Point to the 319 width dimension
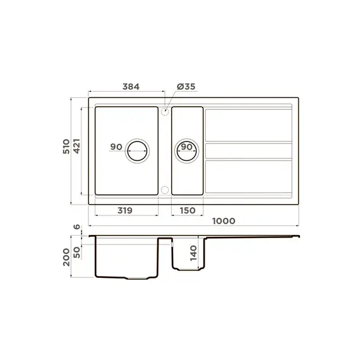pos(124,211)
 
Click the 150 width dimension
pos(187,211)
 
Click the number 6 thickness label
pos(77,227)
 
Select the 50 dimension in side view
pos(77,250)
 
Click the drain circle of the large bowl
pos(138,150)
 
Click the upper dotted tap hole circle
pos(165,111)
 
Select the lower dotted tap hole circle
pos(165,190)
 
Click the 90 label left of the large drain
pos(116,147)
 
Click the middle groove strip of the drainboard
pos(248,151)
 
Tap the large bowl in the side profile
pos(126,259)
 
